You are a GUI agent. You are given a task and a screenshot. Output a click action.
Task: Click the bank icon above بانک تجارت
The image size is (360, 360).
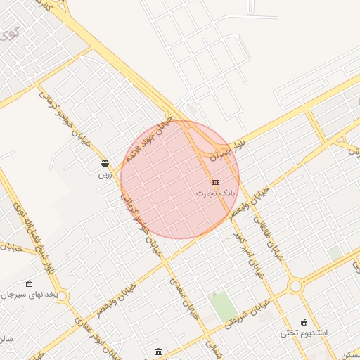pyautogui.click(x=214, y=182)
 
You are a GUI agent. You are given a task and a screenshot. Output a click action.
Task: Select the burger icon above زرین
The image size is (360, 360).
pyautogui.click(x=105, y=163)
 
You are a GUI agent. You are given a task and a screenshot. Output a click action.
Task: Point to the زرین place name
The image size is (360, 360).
pyautogui.click(x=104, y=173)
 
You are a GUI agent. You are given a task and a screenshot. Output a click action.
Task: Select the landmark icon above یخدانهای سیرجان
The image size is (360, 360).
pyautogui.click(x=29, y=283)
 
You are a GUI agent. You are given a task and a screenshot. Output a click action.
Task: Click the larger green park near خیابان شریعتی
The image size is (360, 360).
pyautogui.click(x=223, y=308)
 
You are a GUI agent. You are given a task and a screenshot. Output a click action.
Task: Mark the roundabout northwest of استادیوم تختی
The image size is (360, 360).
pyautogui.click(x=294, y=286)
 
